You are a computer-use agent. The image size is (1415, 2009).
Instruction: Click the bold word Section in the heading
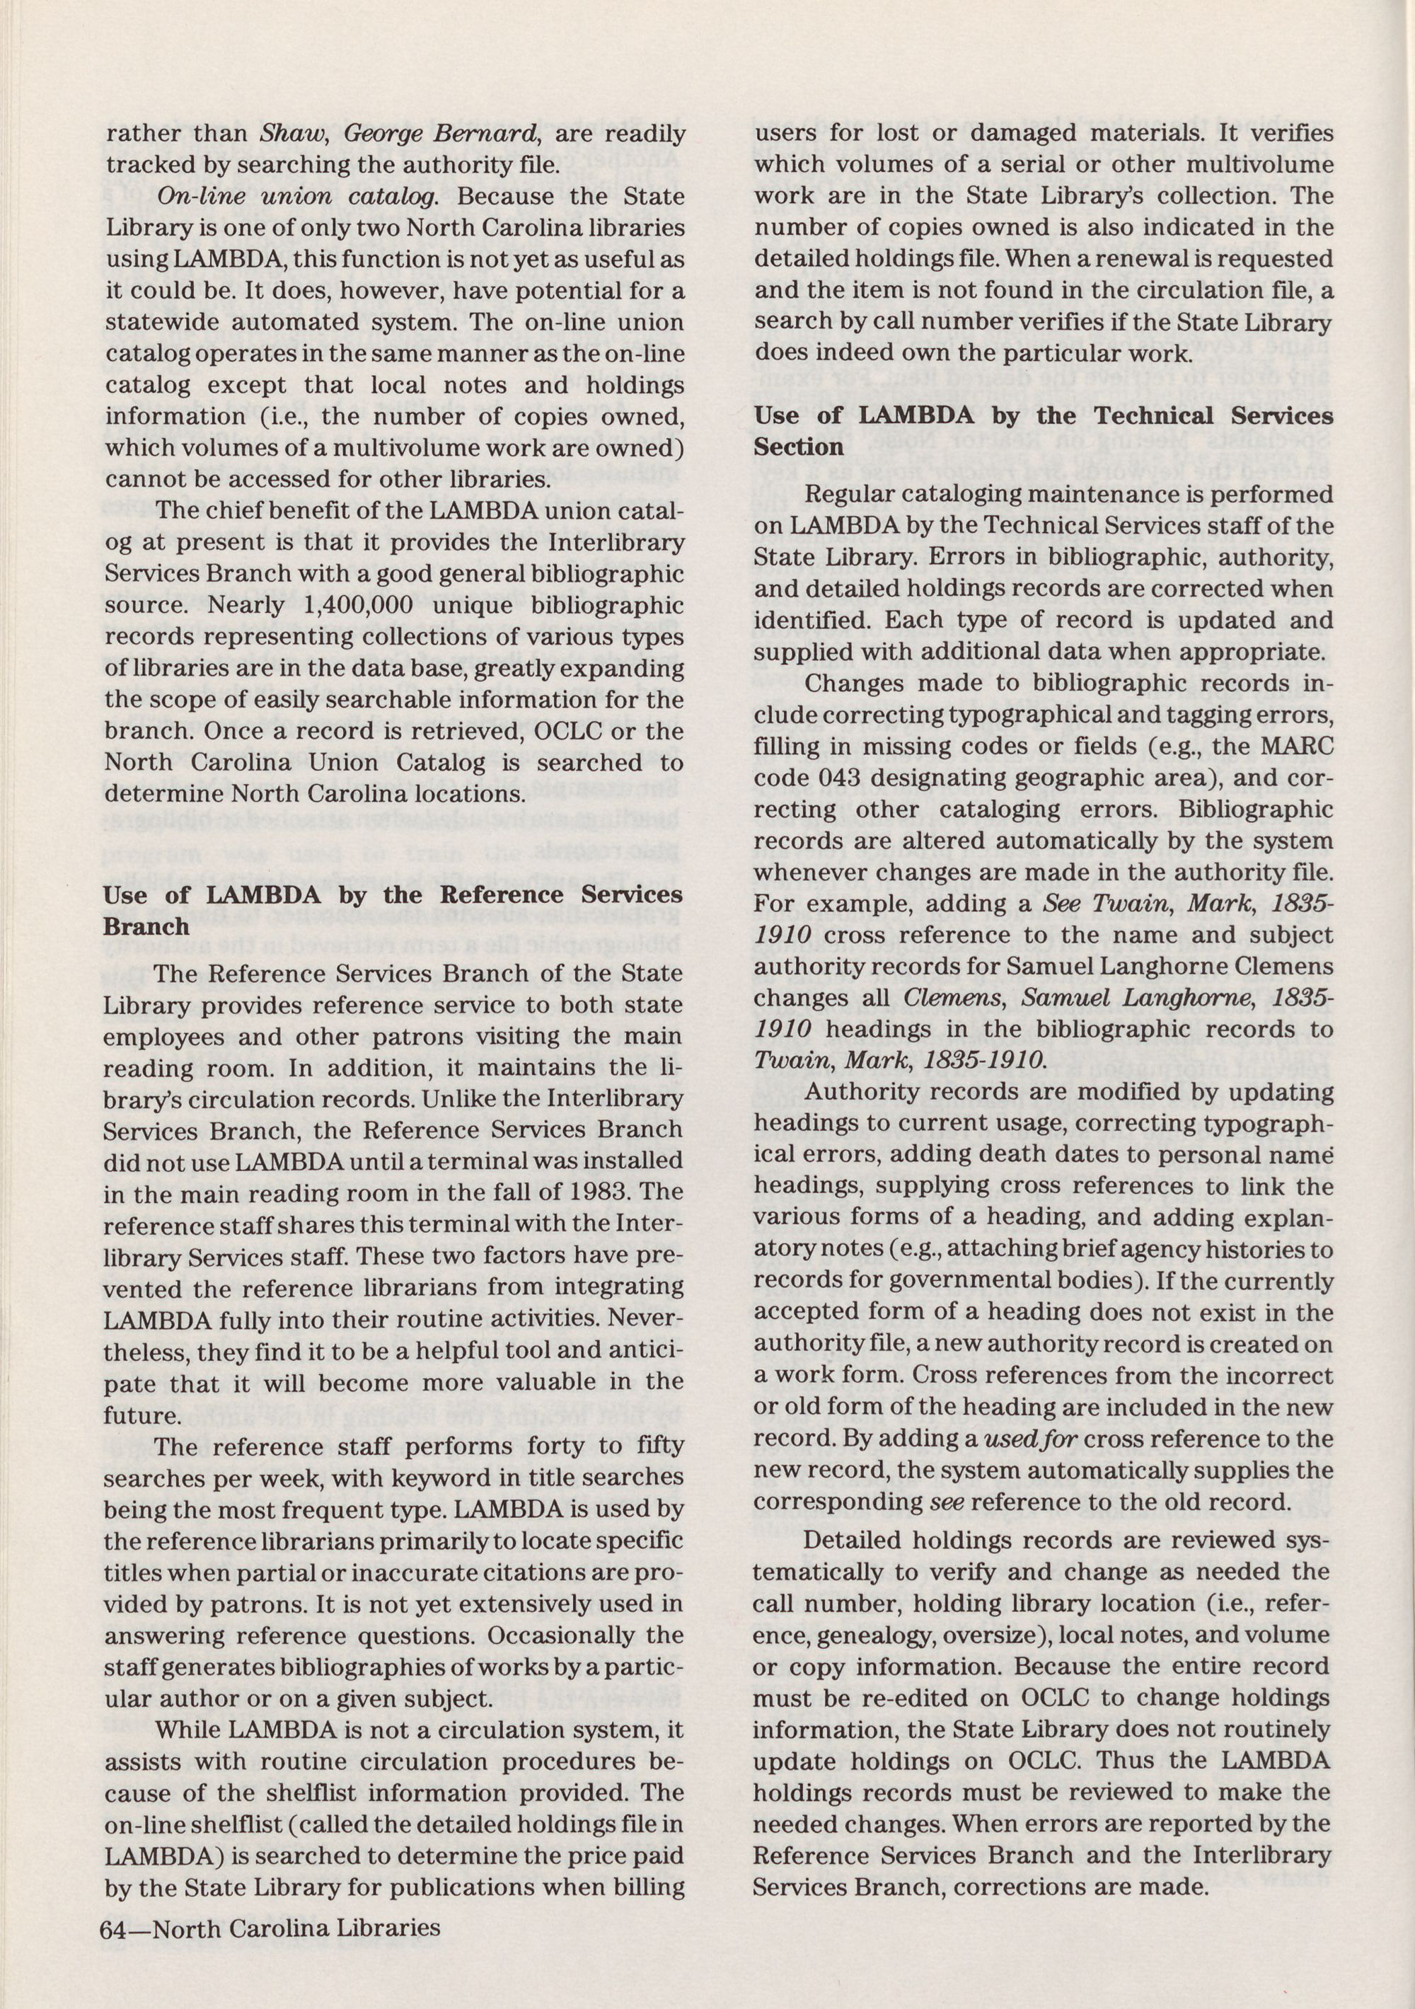click(x=799, y=447)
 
